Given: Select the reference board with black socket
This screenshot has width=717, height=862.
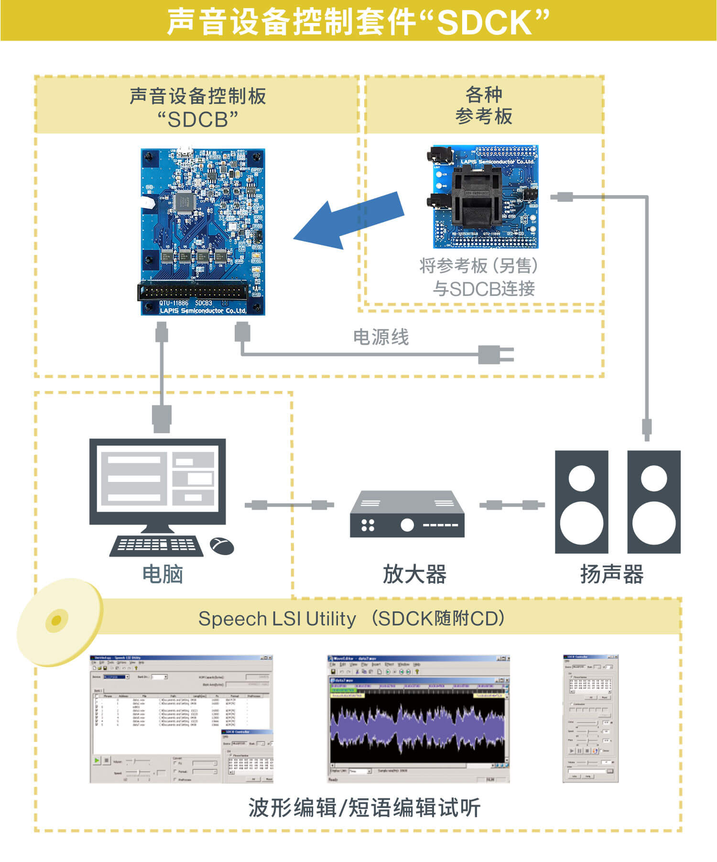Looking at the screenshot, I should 486,196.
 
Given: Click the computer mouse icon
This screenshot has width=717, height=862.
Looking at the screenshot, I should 222,546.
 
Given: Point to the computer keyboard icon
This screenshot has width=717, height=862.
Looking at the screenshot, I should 157,546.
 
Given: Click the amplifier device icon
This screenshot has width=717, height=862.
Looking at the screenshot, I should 407,514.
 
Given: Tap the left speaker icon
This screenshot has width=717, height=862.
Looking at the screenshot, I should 581,502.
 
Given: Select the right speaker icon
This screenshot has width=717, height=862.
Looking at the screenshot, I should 654,502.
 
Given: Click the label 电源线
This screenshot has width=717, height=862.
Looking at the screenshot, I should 381,337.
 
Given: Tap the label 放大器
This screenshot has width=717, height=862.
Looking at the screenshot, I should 414,574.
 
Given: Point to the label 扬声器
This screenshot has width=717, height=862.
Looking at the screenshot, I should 612,574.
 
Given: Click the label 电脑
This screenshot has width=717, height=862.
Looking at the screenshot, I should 163,574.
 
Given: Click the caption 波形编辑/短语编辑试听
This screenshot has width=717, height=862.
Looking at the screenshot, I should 364,807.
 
